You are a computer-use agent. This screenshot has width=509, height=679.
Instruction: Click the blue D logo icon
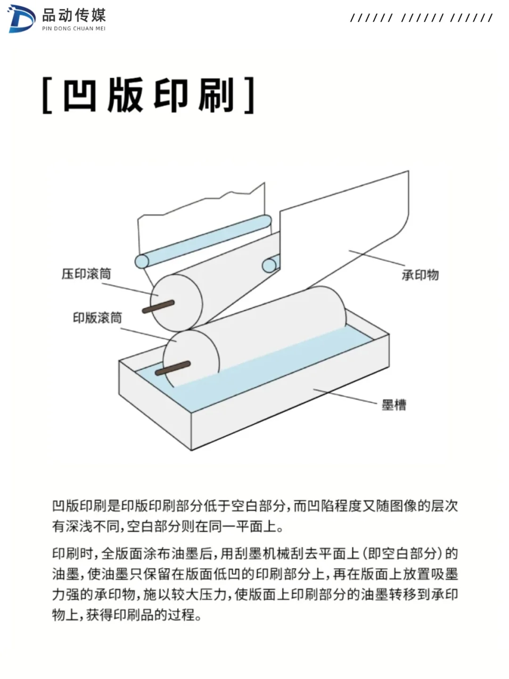point(22,19)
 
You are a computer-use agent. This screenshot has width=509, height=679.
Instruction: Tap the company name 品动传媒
point(74,16)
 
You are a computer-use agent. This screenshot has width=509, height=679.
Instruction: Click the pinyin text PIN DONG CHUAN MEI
point(74,29)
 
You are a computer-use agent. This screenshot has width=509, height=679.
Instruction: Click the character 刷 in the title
point(216,95)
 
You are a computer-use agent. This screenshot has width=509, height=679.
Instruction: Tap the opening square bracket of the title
point(47,96)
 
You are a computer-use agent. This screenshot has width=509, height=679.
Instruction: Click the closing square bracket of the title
point(249,96)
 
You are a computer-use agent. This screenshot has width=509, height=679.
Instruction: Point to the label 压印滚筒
point(86,274)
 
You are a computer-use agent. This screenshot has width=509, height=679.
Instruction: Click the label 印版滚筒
point(97,318)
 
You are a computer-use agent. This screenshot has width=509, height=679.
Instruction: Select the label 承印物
point(420,275)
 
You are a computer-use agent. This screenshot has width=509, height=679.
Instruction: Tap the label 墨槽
point(394,405)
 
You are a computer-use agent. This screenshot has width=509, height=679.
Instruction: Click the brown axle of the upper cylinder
point(158,306)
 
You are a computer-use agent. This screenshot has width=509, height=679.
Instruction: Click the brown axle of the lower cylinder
point(172,368)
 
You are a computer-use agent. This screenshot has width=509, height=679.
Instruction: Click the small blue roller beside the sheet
point(270,265)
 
